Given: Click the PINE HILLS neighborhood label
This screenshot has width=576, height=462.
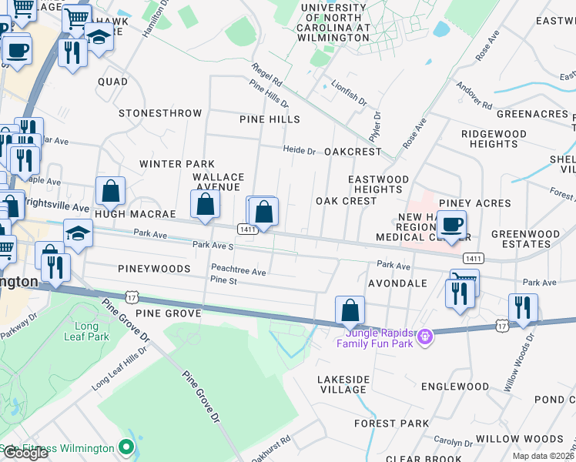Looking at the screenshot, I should coord(270,119).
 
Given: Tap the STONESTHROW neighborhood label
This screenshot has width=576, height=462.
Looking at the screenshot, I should coord(160,113).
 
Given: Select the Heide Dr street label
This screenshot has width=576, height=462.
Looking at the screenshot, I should coord(300,150).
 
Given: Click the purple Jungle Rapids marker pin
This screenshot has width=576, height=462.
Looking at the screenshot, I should coord(424,336).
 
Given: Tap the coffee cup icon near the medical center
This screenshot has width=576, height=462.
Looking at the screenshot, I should coord(453,224).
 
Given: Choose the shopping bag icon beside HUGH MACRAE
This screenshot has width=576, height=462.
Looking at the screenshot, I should coord(111,190).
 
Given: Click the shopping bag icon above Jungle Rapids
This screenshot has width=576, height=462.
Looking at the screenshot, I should coord(350,310).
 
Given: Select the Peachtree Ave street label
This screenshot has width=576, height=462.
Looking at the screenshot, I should coord(239,272).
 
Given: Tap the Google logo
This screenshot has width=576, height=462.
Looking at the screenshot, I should coord(25,453).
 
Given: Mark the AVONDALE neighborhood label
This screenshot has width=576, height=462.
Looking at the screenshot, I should coord(397,283).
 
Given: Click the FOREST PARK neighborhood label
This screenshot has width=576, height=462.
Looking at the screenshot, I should coord(391,423).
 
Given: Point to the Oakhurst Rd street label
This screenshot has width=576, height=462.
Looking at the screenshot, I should coord(275,446).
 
